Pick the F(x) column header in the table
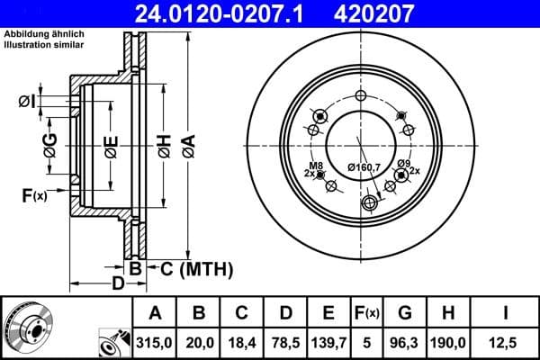tap(368, 313)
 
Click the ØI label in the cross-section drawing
tap(27, 102)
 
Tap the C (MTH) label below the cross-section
tap(196, 268)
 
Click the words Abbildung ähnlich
tap(44, 33)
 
